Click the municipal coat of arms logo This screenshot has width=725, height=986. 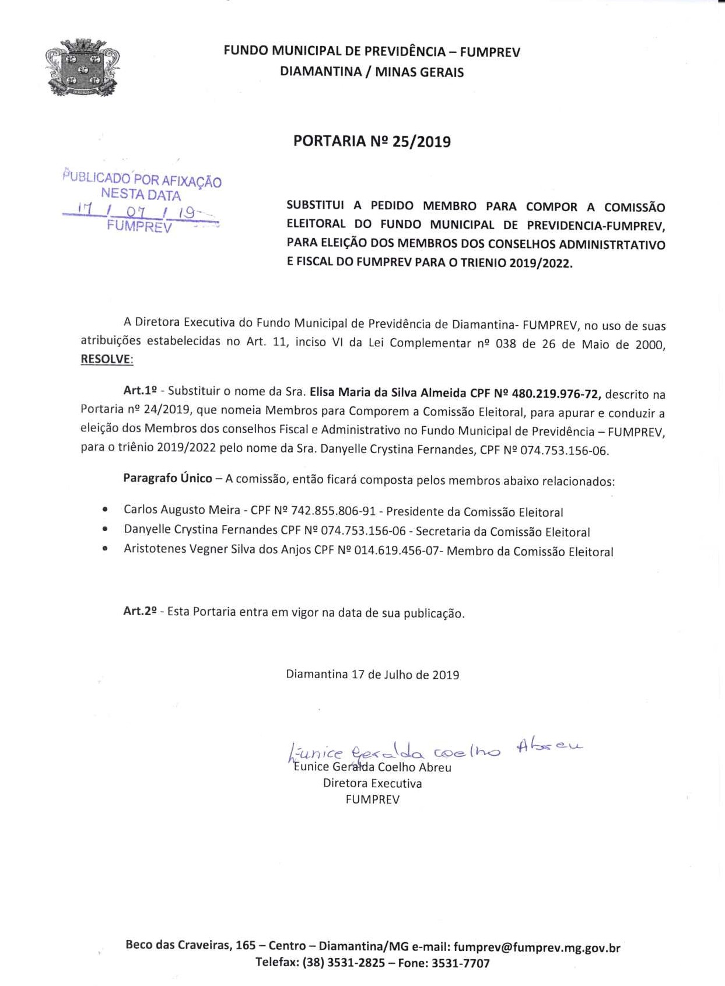pyautogui.click(x=82, y=67)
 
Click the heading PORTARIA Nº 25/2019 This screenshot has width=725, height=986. pyautogui.click(x=372, y=142)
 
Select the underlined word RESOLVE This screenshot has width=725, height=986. pyautogui.click(x=107, y=359)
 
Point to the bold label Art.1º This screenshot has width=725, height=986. pyautogui.click(x=140, y=391)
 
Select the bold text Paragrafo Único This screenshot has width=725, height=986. pyautogui.click(x=167, y=478)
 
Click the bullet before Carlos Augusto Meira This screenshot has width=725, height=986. pyautogui.click(x=104, y=510)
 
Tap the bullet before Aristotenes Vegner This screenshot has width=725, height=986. pyautogui.click(x=104, y=549)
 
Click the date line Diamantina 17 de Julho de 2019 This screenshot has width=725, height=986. pyautogui.click(x=372, y=675)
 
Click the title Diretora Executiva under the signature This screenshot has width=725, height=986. pyautogui.click(x=372, y=784)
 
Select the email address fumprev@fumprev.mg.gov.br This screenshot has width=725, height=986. pyautogui.click(x=537, y=947)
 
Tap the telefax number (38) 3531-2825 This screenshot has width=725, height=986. pyautogui.click(x=344, y=963)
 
